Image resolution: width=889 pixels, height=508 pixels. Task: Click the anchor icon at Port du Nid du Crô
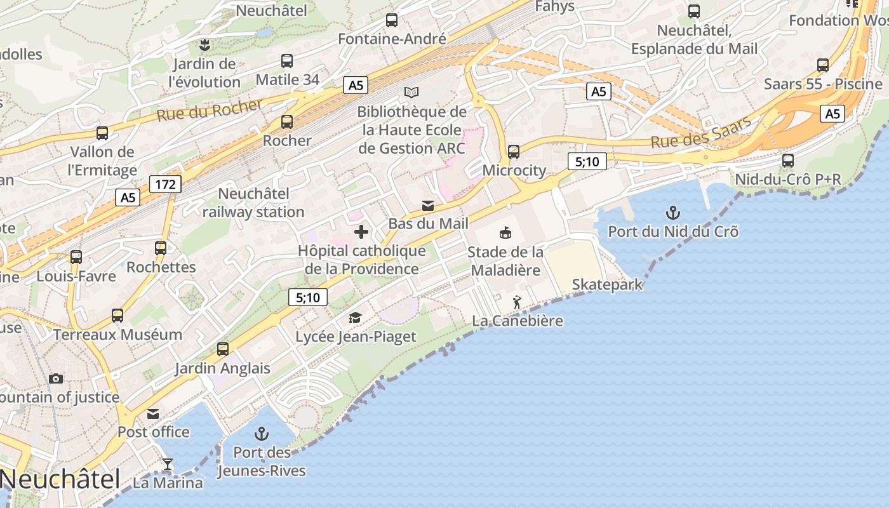coord(672,213)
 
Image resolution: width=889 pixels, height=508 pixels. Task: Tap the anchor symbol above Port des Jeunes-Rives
coord(261,434)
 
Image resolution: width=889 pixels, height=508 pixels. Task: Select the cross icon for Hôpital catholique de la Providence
coord(361,232)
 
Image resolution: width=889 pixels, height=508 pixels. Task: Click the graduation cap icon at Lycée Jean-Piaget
coord(355,317)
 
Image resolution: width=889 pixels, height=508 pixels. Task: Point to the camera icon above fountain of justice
coord(56,378)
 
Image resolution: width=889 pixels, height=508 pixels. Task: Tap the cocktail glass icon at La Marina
coord(167,464)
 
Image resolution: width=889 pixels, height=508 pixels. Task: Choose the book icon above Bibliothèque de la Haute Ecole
coord(411,92)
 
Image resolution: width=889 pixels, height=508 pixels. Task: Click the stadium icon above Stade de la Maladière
coord(505,233)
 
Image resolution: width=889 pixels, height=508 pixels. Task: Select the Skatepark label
coord(607,284)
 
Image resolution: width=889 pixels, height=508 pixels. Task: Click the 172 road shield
coord(166,185)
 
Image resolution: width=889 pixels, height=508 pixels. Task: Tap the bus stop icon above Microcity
coord(514,152)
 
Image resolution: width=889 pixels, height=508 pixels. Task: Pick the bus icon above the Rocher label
coord(287,122)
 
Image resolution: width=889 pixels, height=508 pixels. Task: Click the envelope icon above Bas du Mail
coord(428,205)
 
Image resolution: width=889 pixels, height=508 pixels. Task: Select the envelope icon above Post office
coord(153,414)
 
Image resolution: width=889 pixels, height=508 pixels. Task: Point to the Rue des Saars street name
coord(701,132)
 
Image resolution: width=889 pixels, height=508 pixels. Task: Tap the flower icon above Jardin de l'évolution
coord(204,45)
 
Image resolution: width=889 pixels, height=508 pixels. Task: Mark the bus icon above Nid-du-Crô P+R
coord(788,161)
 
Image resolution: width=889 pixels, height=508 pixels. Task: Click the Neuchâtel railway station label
coord(253,203)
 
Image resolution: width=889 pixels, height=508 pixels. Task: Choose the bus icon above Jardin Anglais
coord(223,349)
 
